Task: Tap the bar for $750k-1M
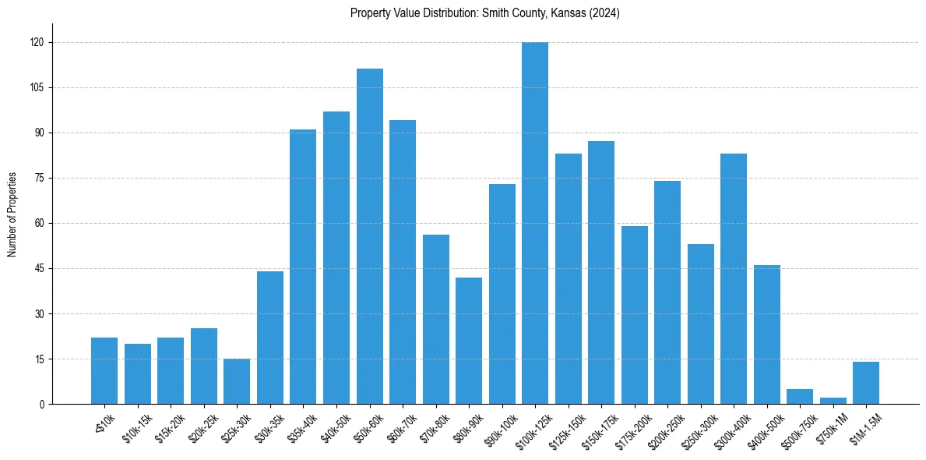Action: (x=833, y=401)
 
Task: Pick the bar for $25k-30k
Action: (x=237, y=381)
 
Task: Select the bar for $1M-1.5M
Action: (x=866, y=383)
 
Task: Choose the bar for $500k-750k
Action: (x=800, y=397)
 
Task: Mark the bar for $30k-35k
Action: (x=270, y=338)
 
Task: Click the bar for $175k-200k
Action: (x=635, y=315)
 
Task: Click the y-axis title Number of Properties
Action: (x=12, y=214)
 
